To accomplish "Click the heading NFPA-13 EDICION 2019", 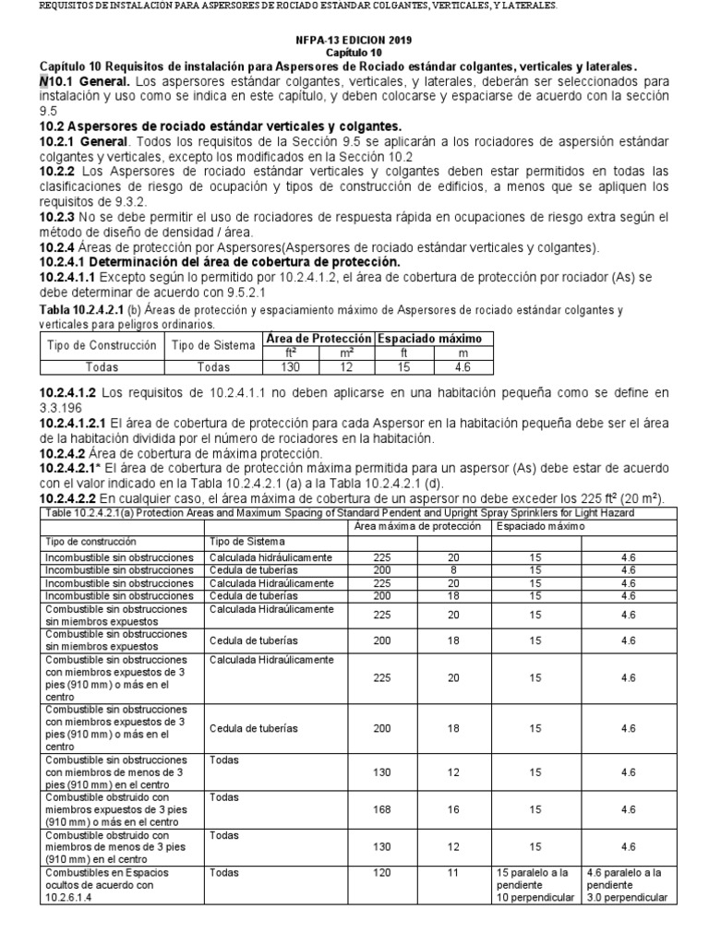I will pos(354,42).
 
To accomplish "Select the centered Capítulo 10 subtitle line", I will pos(354,54).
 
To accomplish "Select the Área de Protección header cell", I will pos(318,339).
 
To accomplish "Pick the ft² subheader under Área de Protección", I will pos(290,352).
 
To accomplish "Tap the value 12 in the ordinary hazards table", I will pos(345,365).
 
